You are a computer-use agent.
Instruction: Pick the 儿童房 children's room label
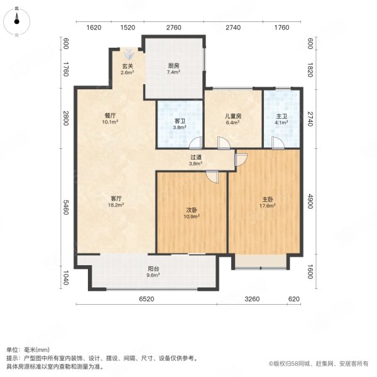click(233, 119)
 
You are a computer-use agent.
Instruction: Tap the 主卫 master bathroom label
click(281, 119)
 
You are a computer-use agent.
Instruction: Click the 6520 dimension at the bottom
click(148, 300)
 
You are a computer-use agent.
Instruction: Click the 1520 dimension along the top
click(128, 28)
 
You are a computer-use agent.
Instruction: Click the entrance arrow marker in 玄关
click(128, 53)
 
